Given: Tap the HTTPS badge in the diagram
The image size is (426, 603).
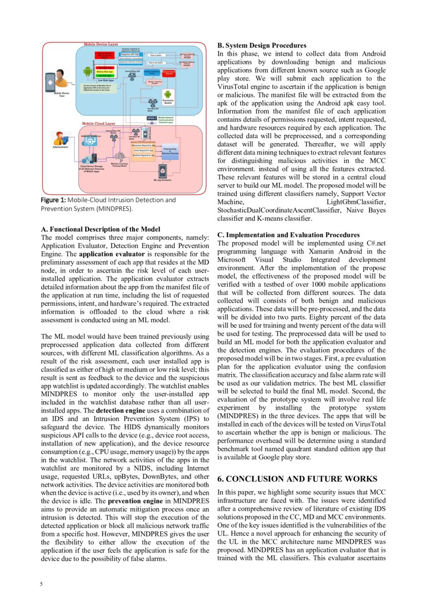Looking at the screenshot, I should click(x=152, y=118).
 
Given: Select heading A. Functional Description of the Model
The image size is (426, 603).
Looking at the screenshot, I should click(x=100, y=229).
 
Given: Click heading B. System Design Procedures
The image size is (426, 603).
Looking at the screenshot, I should click(x=262, y=45).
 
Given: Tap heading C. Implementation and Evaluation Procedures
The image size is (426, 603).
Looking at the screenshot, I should click(x=288, y=235).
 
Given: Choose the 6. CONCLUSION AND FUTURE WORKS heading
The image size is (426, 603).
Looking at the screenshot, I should click(x=298, y=478).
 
